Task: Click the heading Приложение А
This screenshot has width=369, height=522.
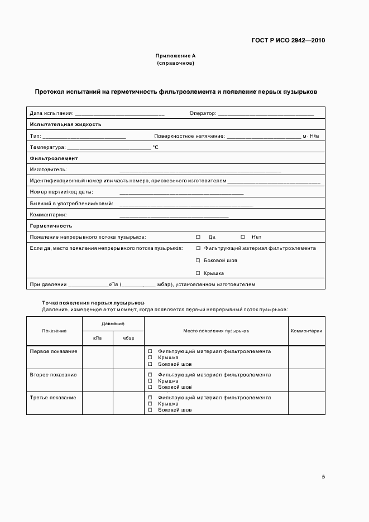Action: click(x=175, y=56)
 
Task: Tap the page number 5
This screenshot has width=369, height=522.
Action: click(x=323, y=477)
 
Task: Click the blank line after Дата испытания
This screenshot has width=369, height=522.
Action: click(x=119, y=114)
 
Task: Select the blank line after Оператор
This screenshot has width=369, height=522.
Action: click(x=266, y=114)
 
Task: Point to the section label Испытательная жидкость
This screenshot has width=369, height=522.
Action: click(x=65, y=124)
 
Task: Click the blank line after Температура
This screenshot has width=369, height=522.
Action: click(x=109, y=148)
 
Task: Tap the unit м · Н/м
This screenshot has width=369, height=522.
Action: click(x=311, y=136)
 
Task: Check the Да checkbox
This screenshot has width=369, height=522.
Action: click(x=198, y=237)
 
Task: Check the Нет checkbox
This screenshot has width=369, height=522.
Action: click(x=243, y=237)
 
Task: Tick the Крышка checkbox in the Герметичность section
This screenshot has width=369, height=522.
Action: click(x=198, y=273)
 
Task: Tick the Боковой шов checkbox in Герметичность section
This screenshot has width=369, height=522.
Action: click(x=198, y=260)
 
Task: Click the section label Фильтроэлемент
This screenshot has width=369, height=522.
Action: click(x=54, y=158)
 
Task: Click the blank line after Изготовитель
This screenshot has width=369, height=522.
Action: click(x=200, y=170)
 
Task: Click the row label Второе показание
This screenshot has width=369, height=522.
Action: click(x=53, y=375)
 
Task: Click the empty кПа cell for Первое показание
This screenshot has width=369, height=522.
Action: click(x=98, y=357)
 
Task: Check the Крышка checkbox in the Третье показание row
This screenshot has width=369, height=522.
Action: click(x=150, y=404)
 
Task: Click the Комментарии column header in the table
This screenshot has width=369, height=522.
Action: click(x=306, y=331)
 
